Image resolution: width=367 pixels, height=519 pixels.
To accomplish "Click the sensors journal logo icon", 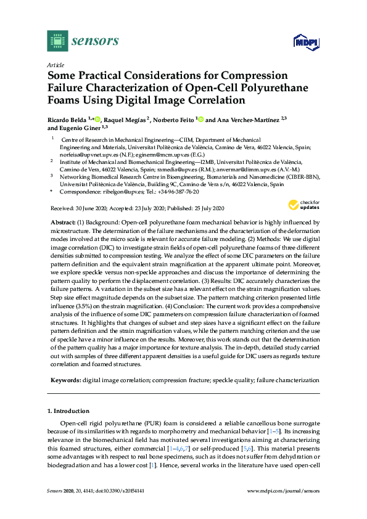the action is tap(57, 41).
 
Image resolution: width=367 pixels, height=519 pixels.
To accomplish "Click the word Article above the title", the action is tap(55, 64).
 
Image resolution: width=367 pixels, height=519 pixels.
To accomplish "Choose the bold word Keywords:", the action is tap(65, 380).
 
